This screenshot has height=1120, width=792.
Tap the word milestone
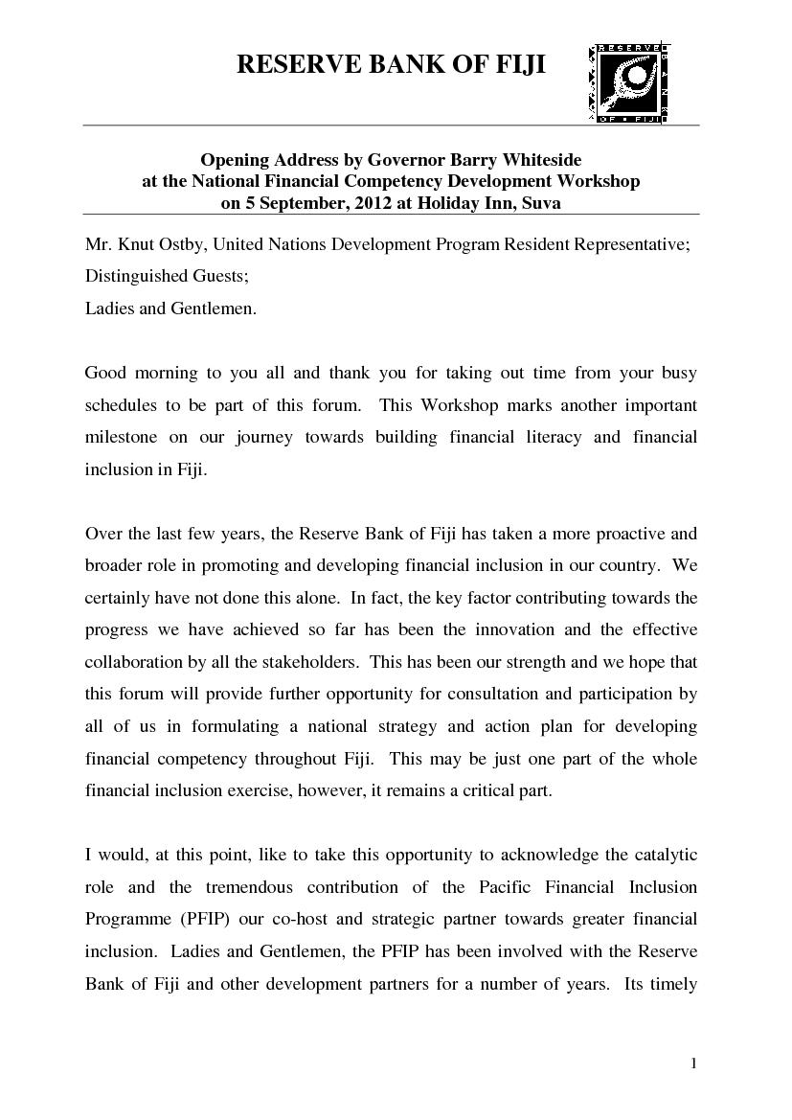coord(122,437)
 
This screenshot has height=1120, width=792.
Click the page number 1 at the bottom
coord(694,1064)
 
